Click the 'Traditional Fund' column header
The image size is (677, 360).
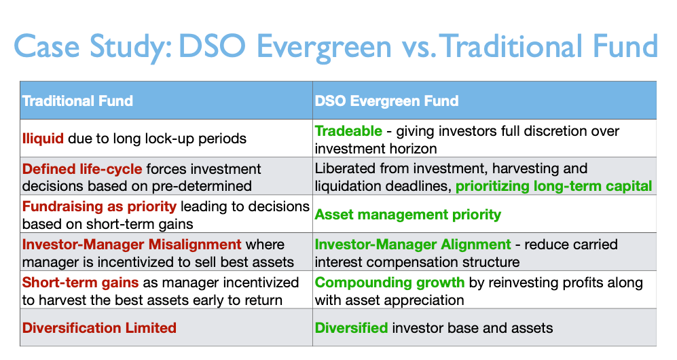(77, 101)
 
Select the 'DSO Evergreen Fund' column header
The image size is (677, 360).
(386, 101)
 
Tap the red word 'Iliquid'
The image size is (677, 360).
(43, 139)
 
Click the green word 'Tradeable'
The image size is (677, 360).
(348, 131)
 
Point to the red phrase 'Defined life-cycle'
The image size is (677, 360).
(82, 168)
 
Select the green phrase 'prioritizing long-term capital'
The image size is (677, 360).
(553, 186)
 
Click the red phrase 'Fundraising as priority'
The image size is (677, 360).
(99, 206)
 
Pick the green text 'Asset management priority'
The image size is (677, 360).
(408, 215)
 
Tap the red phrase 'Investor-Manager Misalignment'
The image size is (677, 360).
(132, 245)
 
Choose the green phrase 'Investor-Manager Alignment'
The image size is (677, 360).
(413, 245)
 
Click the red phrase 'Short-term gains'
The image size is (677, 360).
(80, 283)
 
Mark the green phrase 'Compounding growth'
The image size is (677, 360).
(390, 283)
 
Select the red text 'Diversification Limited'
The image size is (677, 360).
(99, 327)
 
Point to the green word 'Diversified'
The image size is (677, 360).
(352, 327)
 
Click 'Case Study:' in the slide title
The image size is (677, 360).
(93, 47)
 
